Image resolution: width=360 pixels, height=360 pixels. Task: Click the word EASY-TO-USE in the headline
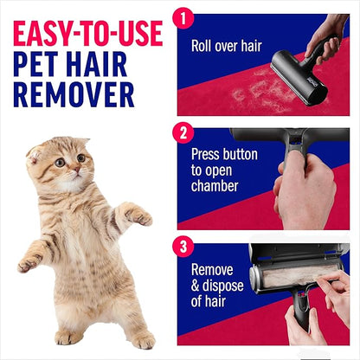coord(87,34)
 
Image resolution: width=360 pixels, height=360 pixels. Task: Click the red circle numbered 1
coord(183,18)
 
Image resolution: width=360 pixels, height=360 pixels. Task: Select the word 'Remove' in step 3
coord(212,270)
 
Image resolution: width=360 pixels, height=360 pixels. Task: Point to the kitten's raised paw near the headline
coord(136,214)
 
